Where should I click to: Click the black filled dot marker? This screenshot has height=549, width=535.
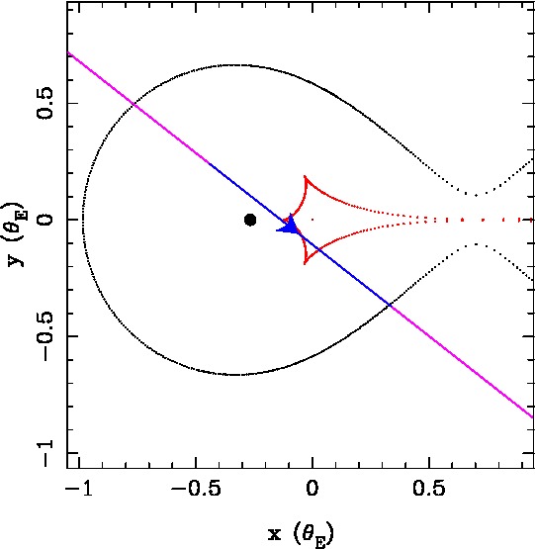point(250,220)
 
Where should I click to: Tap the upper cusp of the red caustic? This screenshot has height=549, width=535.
point(305,176)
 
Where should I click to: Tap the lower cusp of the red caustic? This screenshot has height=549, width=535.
point(305,263)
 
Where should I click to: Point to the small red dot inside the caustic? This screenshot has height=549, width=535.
point(312,220)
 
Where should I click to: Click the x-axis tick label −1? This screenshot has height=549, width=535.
point(79,488)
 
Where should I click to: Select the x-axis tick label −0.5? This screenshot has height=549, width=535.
point(196,488)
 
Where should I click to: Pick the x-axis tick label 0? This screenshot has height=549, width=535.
point(312,488)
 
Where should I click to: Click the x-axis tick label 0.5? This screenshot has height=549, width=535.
point(428,488)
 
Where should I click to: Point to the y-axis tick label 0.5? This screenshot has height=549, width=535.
point(45,103)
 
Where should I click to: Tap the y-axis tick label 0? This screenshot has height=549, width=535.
point(45,220)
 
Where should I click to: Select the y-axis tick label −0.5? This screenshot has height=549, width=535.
point(45,336)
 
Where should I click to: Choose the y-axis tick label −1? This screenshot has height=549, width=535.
point(45,453)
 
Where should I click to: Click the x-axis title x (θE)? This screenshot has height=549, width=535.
point(301,534)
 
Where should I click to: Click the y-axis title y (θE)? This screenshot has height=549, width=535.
point(16,233)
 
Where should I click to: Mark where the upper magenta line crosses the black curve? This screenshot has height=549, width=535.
point(134,104)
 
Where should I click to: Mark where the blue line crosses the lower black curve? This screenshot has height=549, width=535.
point(390,306)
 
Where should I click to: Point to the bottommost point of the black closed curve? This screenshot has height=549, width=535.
point(235,375)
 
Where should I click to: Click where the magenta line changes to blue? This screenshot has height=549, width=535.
point(209,163)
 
